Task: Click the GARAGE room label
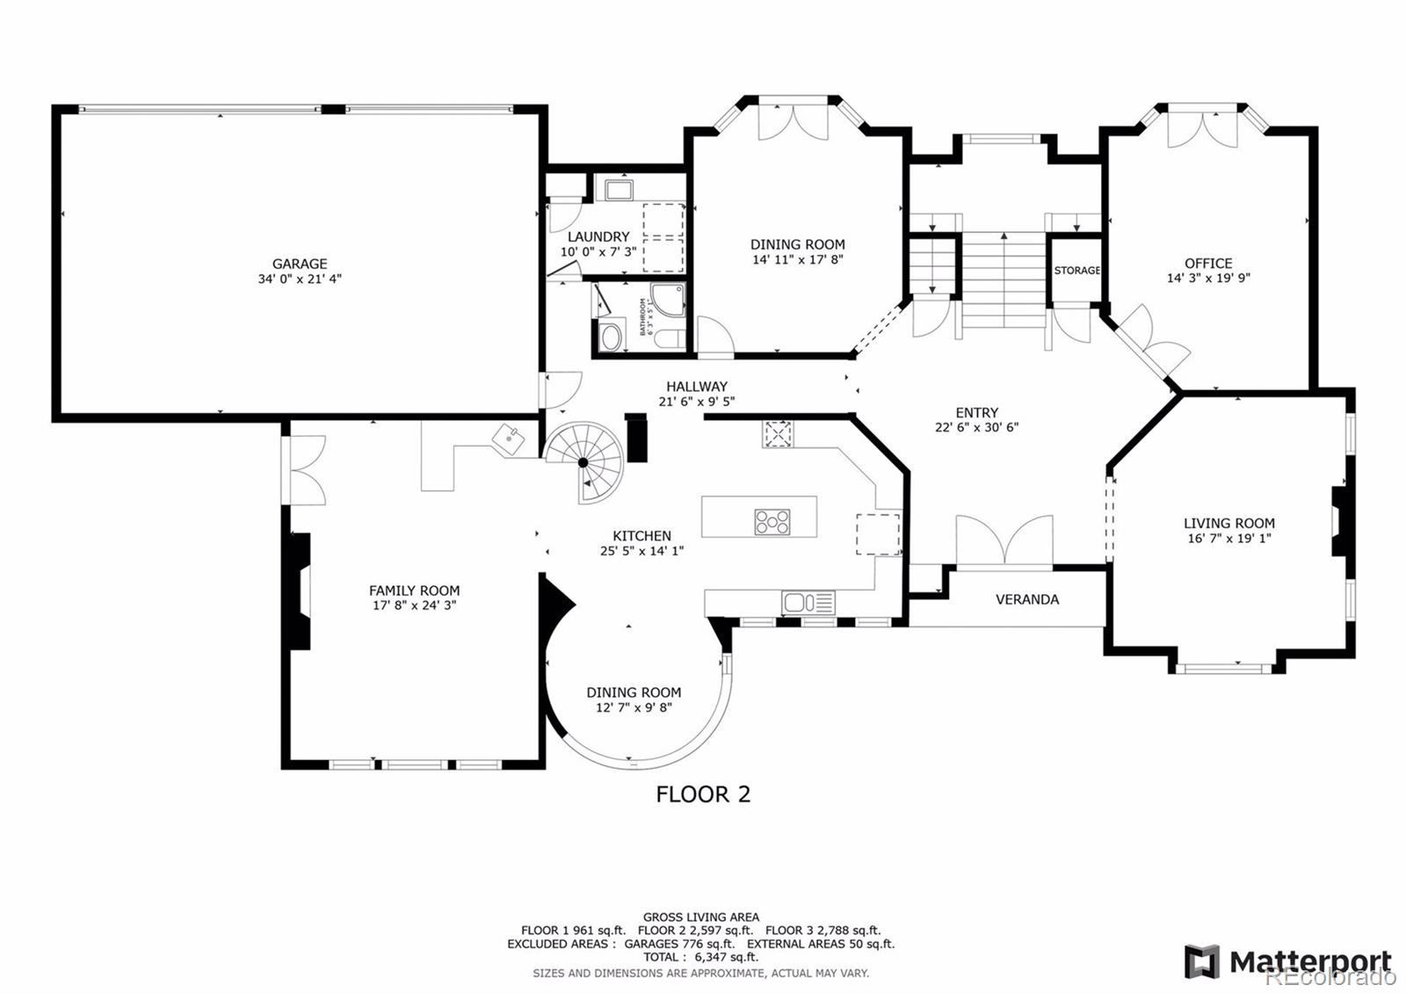click(x=299, y=264)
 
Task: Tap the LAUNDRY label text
click(x=598, y=236)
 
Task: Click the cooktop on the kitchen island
click(x=772, y=521)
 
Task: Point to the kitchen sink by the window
click(x=799, y=602)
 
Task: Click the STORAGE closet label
click(x=1076, y=271)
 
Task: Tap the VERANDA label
click(x=1026, y=599)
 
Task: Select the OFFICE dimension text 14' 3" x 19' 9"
click(x=1208, y=278)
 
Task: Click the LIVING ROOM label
click(x=1228, y=523)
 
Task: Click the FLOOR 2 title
click(x=703, y=794)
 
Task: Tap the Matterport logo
click(x=1287, y=960)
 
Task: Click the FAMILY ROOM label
click(x=414, y=591)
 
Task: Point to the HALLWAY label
click(x=696, y=386)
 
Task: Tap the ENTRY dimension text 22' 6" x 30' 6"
click(x=976, y=428)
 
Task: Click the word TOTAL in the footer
click(x=661, y=957)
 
